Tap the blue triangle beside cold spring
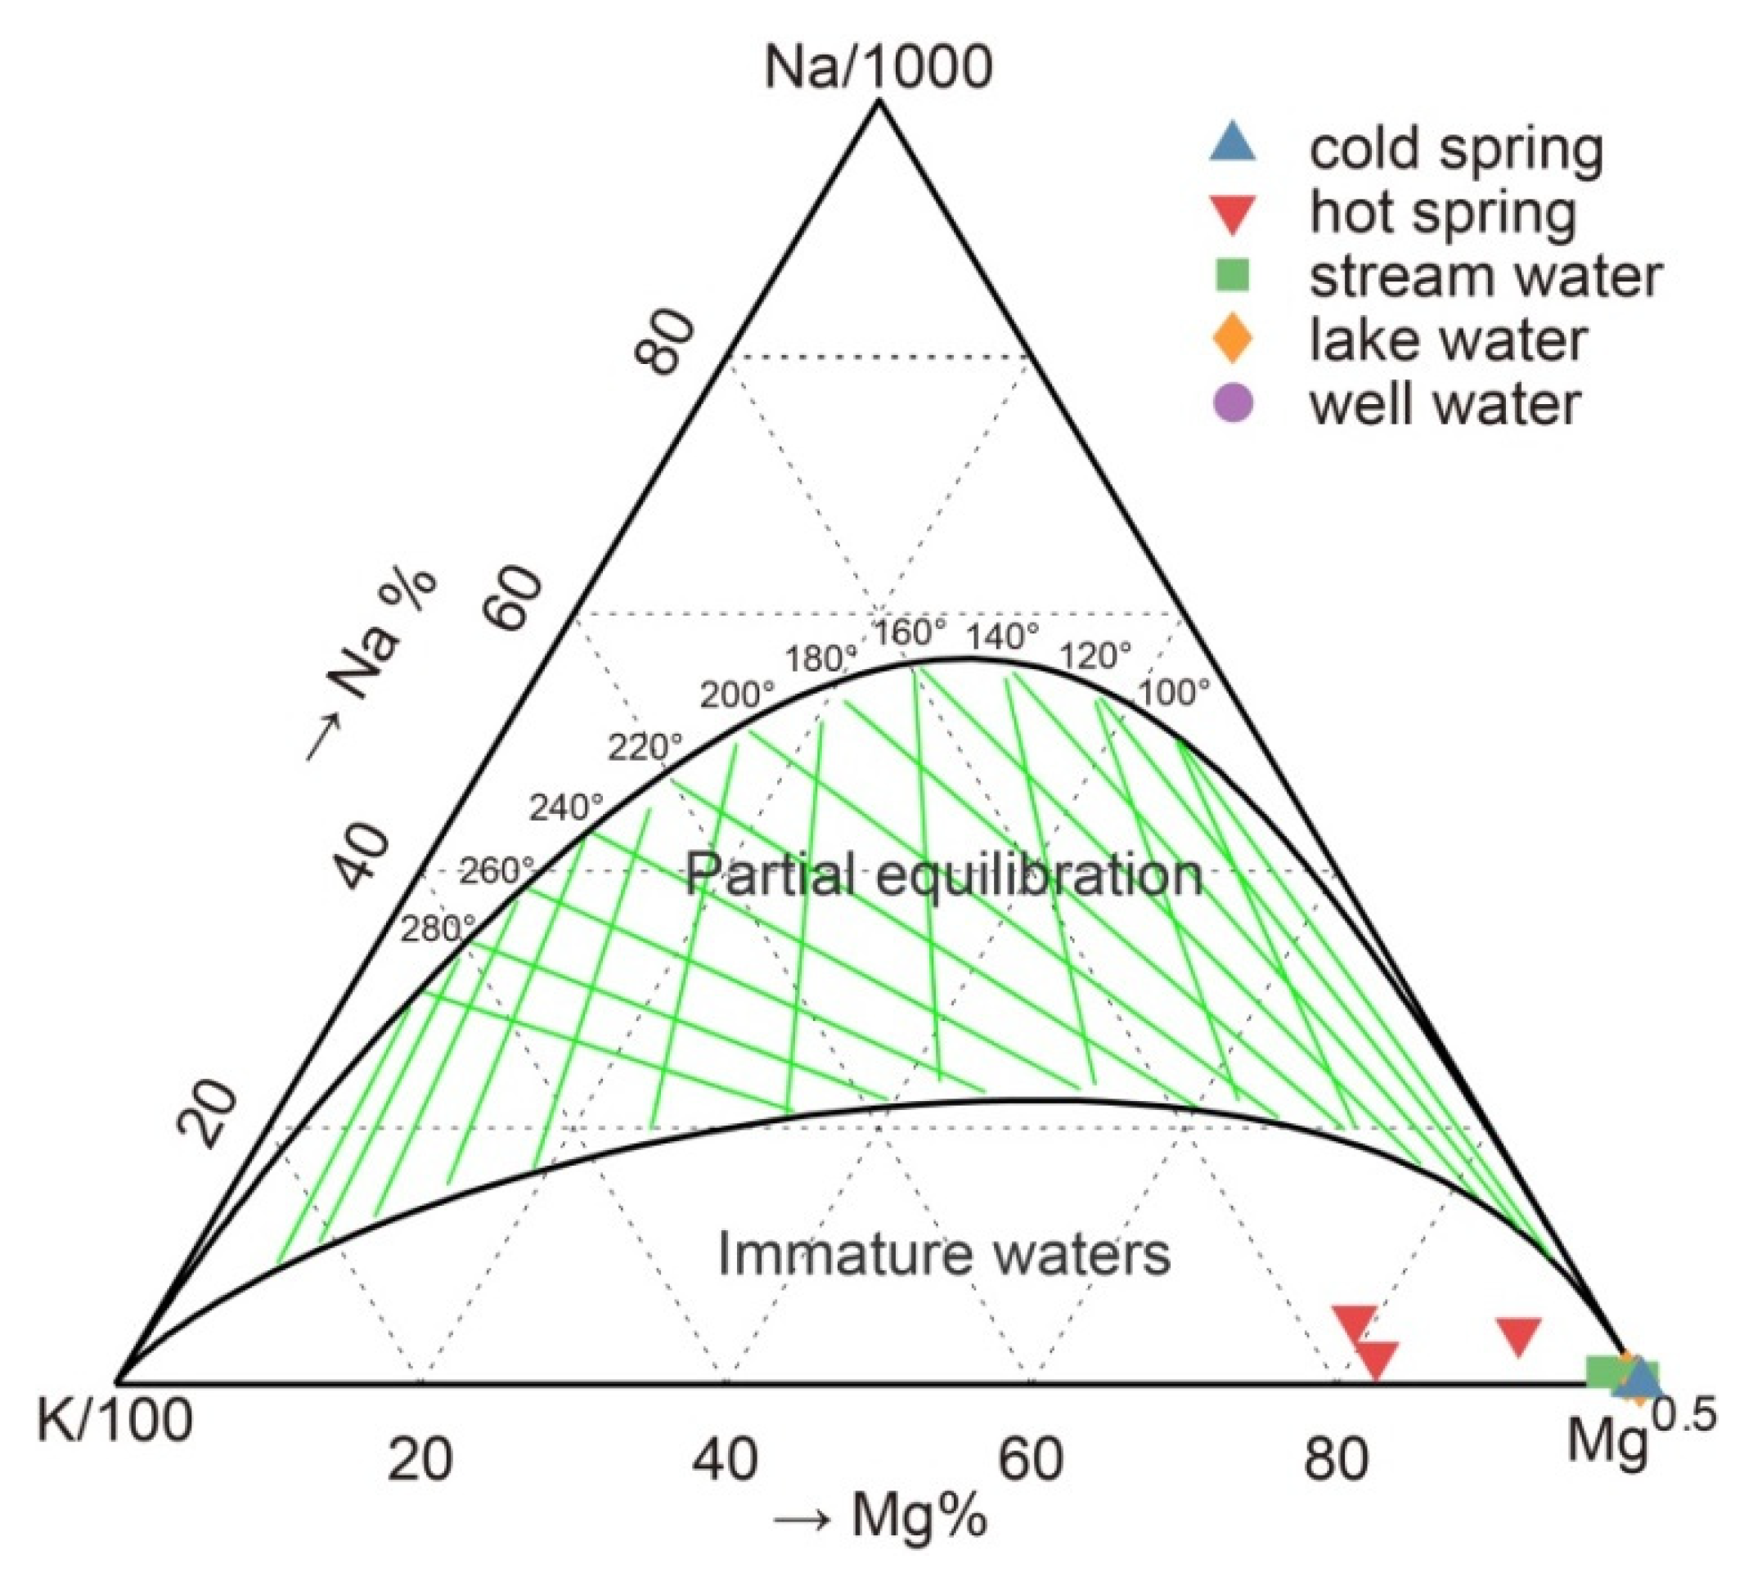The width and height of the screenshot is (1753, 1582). point(1233,144)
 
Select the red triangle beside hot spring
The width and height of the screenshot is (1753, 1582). point(1233,213)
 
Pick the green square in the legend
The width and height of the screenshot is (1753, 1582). point(1233,276)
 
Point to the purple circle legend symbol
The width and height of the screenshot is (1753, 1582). point(1233,403)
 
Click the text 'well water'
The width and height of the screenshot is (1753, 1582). point(1445,405)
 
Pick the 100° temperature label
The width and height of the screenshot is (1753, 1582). point(1173,694)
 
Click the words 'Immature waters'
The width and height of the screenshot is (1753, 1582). point(944,1254)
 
